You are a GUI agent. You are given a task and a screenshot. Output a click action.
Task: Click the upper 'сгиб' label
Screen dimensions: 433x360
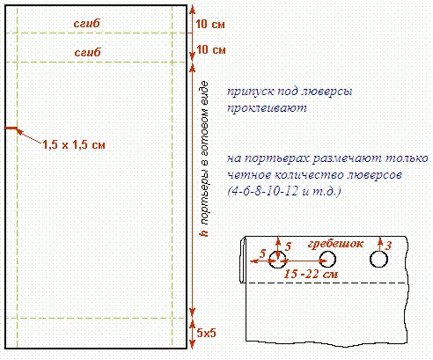(x=87, y=23)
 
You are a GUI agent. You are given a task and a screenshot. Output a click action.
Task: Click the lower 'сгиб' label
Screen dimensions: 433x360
(x=87, y=52)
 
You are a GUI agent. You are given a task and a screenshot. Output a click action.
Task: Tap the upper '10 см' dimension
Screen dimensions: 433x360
(x=210, y=24)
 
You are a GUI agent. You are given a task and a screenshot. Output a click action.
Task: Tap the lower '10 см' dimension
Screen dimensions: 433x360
(x=211, y=49)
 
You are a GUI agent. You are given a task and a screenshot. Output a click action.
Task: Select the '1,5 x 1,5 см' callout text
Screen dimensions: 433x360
(x=74, y=144)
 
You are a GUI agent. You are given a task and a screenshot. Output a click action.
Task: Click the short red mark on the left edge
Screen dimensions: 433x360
(x=11, y=128)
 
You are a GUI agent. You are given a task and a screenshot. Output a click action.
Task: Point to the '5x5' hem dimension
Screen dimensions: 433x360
(x=207, y=333)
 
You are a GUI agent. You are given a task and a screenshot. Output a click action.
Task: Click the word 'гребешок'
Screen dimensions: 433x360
(x=335, y=244)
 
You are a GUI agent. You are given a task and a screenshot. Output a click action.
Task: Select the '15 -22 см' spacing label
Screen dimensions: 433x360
(x=311, y=274)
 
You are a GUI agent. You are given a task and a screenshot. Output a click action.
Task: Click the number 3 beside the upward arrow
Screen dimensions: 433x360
(x=388, y=246)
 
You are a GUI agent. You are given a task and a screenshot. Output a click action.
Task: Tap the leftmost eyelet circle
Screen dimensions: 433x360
(x=277, y=259)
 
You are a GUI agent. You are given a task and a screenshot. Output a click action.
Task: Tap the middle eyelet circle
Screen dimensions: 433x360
(x=327, y=259)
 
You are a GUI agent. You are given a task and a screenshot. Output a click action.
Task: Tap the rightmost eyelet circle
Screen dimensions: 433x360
(x=378, y=259)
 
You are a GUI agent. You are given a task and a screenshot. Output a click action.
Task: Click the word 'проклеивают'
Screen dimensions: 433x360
(x=267, y=108)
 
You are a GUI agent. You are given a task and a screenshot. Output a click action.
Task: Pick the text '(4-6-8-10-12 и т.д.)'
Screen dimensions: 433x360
(x=284, y=191)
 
